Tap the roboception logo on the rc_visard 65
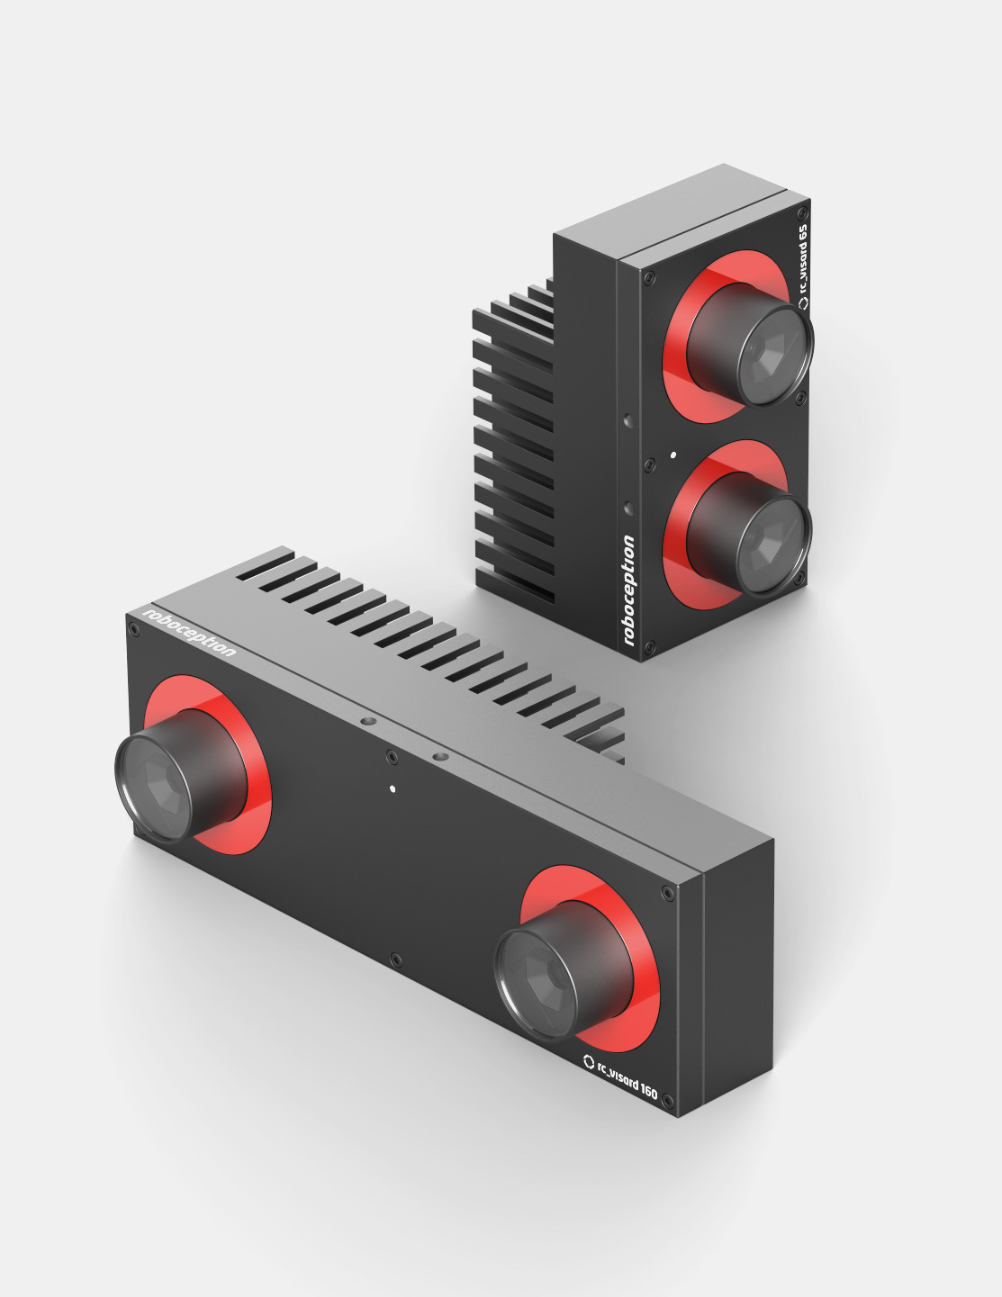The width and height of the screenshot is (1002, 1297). pyautogui.click(x=628, y=590)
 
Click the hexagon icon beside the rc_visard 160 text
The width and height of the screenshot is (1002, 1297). pyautogui.click(x=589, y=1060)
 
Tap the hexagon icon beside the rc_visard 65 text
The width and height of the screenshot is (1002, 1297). pyautogui.click(x=804, y=303)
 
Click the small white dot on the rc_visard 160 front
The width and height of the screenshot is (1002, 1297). pyautogui.click(x=393, y=789)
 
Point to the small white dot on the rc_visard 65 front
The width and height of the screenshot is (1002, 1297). pyautogui.click(x=673, y=455)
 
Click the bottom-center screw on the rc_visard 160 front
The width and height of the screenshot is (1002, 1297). pyautogui.click(x=395, y=960)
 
